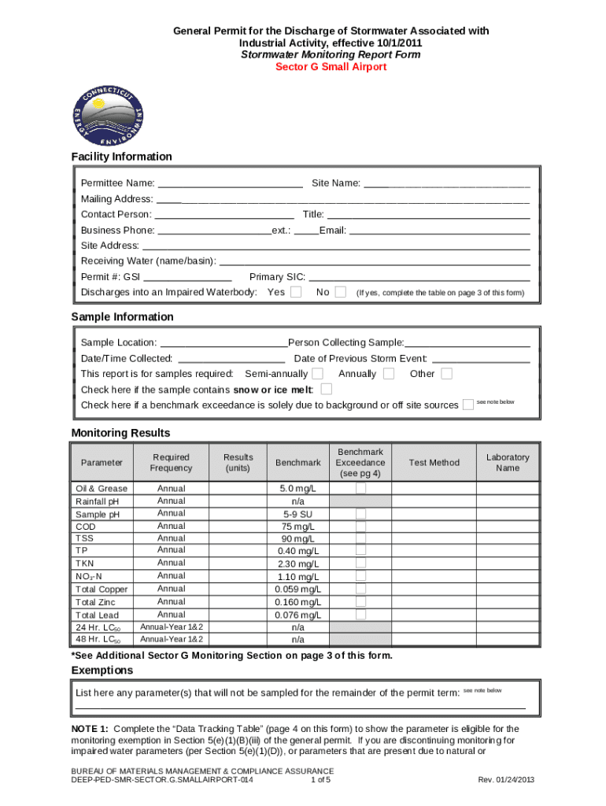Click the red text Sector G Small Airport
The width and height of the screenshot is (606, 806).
tap(331, 67)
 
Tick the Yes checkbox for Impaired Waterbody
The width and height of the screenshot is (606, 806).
tap(296, 292)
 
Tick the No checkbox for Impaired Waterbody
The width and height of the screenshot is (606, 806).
tap(340, 292)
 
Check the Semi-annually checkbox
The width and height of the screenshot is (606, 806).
tap(317, 373)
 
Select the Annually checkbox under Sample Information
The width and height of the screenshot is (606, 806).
tap(388, 373)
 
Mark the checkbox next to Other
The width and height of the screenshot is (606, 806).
tap(446, 373)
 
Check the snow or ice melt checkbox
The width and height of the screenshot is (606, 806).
tap(327, 389)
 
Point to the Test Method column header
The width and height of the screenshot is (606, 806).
tap(434, 463)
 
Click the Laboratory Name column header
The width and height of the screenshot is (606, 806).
tap(508, 463)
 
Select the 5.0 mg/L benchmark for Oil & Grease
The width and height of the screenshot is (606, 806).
tap(297, 489)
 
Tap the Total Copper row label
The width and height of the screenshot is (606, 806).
tap(102, 590)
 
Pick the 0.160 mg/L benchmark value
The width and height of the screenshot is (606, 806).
tap(297, 602)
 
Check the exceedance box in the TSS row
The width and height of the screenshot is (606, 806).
tap(360, 539)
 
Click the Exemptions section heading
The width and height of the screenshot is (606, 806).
tap(102, 671)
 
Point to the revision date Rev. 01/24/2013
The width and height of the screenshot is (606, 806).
tap(506, 780)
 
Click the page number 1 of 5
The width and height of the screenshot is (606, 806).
tap(320, 780)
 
